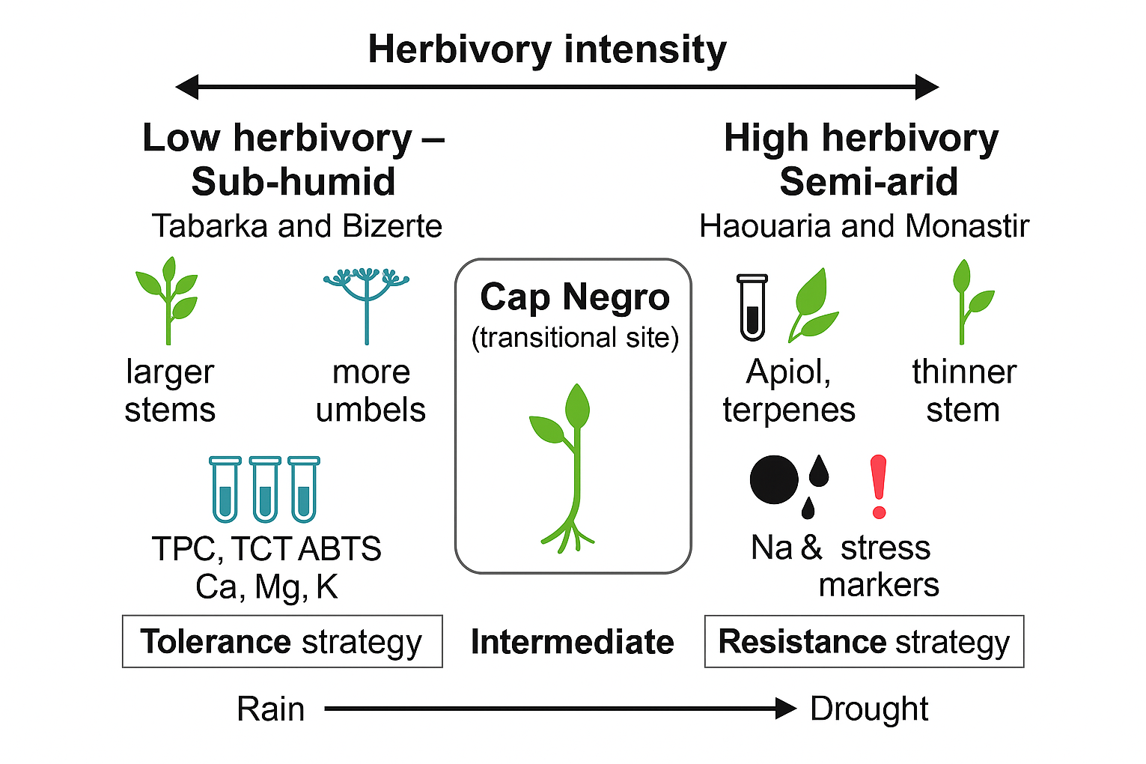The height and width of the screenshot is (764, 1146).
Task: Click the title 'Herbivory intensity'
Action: [x=547, y=50]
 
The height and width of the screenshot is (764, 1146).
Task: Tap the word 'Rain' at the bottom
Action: [x=270, y=709]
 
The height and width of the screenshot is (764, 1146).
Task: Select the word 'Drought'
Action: [x=869, y=709]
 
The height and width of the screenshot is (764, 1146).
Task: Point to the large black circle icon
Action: [x=774, y=480]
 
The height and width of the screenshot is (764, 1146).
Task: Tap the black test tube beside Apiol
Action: [x=752, y=307]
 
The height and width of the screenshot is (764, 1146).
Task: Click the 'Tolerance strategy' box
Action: [x=282, y=642]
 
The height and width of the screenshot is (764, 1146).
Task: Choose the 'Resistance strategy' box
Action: [x=864, y=642]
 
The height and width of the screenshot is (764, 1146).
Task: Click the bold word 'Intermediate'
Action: [x=573, y=643]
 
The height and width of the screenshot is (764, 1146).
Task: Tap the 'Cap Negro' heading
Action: [x=574, y=297]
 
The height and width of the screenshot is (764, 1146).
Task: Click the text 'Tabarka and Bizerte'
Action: [x=297, y=226]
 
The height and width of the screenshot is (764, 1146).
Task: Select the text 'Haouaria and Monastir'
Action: [x=864, y=226]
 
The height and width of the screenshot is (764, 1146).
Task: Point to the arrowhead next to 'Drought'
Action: [x=786, y=708]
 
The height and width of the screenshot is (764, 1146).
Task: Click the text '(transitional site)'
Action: [x=575, y=338]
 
